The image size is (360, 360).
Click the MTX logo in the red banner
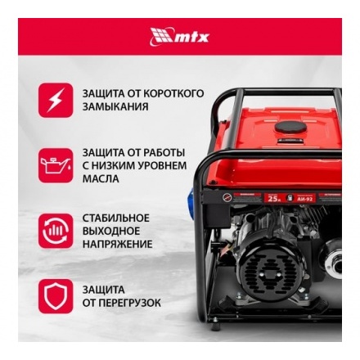179,35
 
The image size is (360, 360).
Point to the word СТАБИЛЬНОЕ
116,218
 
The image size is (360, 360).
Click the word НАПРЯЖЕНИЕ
117,244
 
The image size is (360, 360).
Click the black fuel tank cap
290,128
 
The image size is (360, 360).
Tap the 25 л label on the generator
272,197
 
